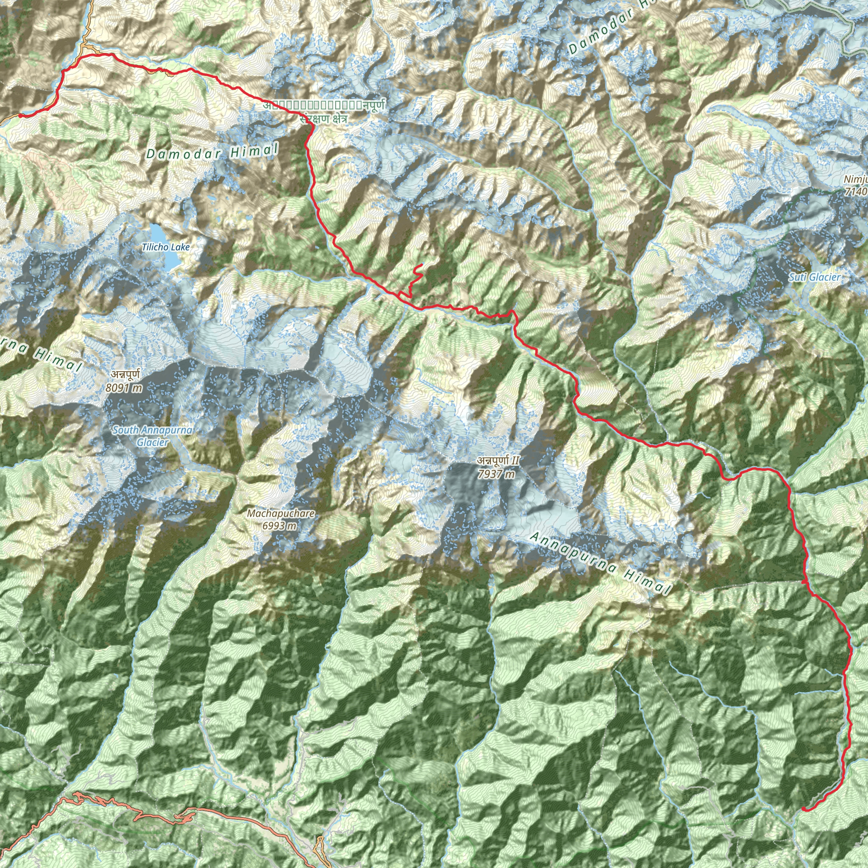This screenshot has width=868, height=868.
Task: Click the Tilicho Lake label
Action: tap(166, 247)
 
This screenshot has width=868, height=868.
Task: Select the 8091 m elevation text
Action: tap(124, 388)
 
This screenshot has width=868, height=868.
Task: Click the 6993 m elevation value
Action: tap(279, 525)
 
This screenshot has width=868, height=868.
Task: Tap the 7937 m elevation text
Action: tap(496, 474)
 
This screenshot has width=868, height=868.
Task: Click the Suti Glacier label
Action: tap(814, 277)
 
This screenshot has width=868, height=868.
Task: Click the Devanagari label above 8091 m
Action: tap(125, 374)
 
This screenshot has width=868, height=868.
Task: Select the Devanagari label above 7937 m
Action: tap(498, 461)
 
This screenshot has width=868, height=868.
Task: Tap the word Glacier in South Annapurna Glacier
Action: tap(152, 442)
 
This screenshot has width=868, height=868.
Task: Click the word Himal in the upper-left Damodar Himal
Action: tap(254, 150)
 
